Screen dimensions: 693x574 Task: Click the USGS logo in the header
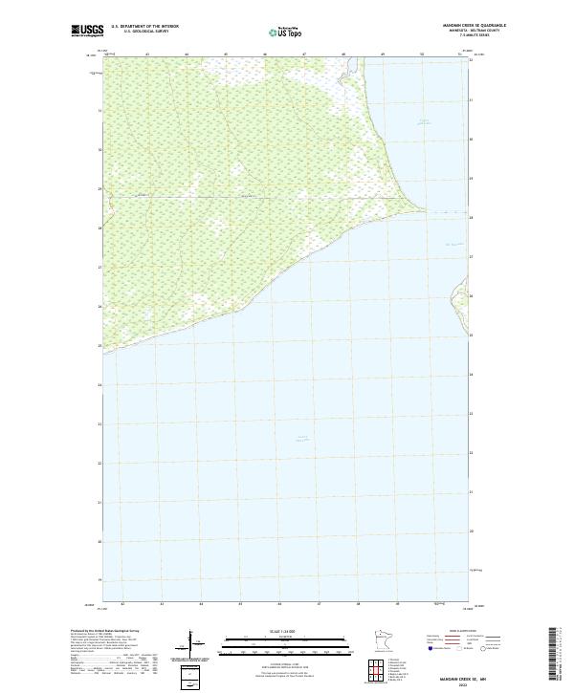88,30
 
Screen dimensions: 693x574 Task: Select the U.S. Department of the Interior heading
144,26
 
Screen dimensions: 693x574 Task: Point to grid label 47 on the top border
303,54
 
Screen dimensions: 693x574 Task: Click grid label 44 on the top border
186,54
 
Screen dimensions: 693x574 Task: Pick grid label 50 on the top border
421,54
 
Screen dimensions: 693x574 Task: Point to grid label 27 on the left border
99,268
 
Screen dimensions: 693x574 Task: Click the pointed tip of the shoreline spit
427,210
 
